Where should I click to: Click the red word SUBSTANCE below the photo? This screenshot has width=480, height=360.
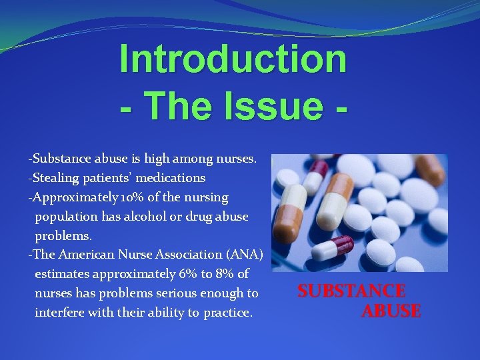tap(351, 291)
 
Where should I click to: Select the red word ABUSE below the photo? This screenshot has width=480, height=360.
tap(391, 311)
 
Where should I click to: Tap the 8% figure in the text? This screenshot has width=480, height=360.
tap(227, 274)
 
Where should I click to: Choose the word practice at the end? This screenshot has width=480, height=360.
tap(228, 313)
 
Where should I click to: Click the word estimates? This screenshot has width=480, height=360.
tap(61, 274)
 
